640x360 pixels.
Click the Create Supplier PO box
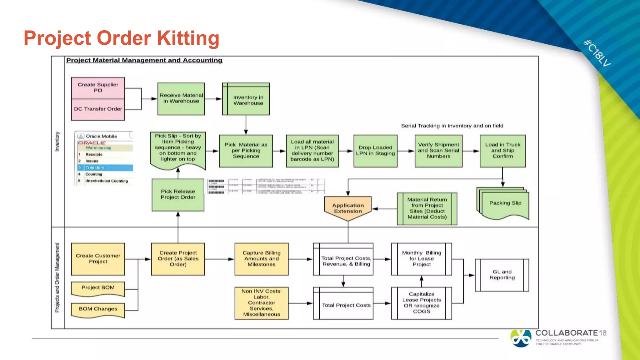(98, 88)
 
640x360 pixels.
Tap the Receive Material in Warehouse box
(181, 98)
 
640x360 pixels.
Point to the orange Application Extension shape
(348, 208)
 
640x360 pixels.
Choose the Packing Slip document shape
(505, 204)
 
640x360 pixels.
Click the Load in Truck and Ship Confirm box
(502, 151)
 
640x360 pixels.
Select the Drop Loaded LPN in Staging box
(375, 151)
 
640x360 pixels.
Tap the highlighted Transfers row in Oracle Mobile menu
(105, 168)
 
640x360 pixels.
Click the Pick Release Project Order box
(178, 195)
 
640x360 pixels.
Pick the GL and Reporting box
(502, 275)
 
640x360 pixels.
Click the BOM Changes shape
(98, 309)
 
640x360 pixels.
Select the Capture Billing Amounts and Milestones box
(261, 259)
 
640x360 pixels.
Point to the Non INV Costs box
(261, 303)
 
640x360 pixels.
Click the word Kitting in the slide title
(188, 38)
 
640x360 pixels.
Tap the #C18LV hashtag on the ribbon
(597, 53)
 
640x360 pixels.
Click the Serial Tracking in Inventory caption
(452, 126)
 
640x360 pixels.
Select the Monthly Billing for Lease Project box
(421, 259)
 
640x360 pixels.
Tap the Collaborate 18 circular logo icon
(521, 338)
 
